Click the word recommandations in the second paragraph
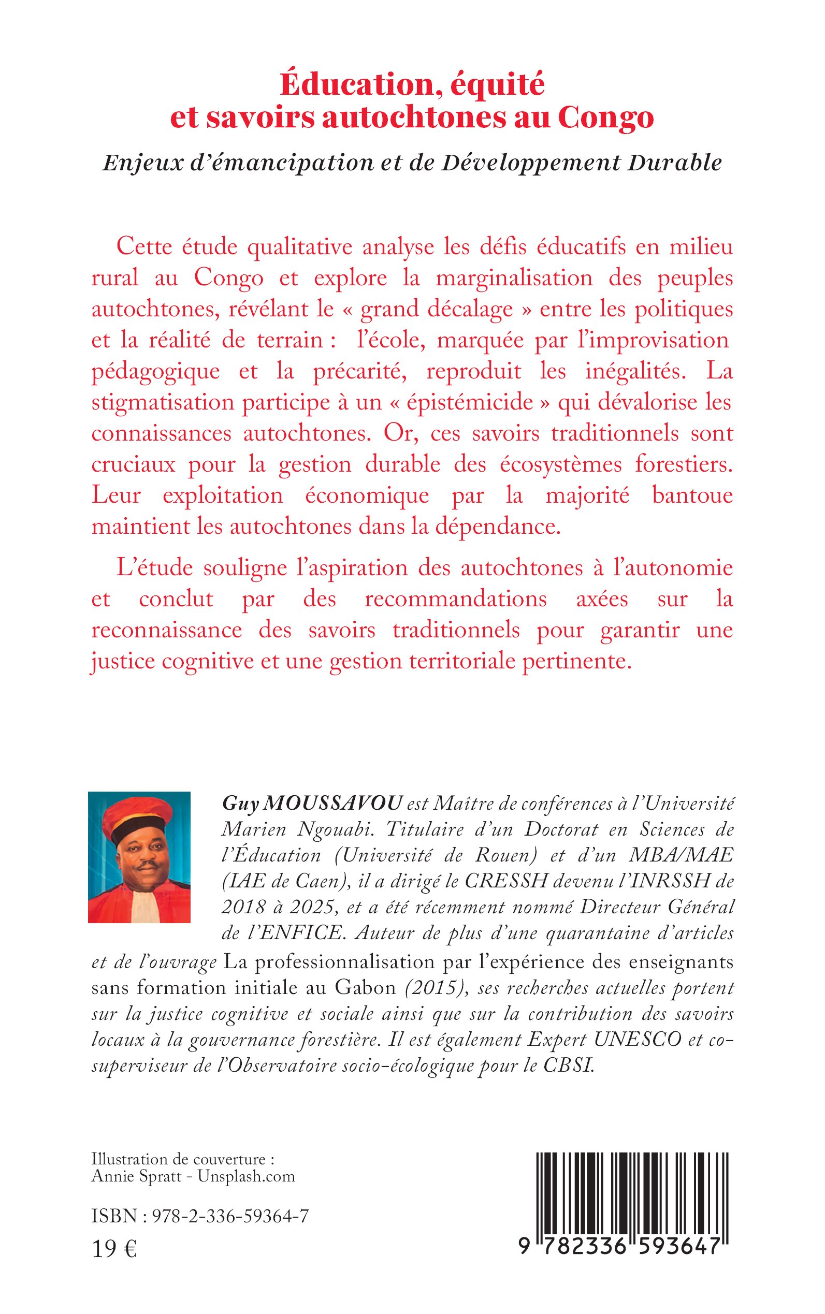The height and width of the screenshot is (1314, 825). [x=456, y=598]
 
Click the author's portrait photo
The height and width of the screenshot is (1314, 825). [x=139, y=857]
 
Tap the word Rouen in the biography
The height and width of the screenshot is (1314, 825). [x=503, y=855]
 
